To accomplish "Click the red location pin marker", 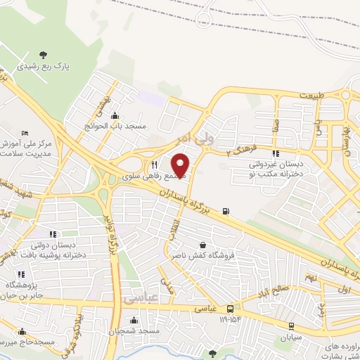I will [181, 165].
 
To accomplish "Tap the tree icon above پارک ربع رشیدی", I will [44, 54].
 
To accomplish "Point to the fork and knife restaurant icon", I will [154, 165].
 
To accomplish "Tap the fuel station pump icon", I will [225, 210].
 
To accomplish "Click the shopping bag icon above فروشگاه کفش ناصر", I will [202, 245].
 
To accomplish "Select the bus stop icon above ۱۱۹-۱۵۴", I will [231, 308].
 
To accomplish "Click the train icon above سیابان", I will [291, 325].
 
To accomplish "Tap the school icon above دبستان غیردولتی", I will [276, 153].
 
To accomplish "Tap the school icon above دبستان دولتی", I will [52, 234].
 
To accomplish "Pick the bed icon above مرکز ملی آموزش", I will [25, 133].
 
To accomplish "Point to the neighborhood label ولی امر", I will [195, 138].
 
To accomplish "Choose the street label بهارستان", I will [345, 136].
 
